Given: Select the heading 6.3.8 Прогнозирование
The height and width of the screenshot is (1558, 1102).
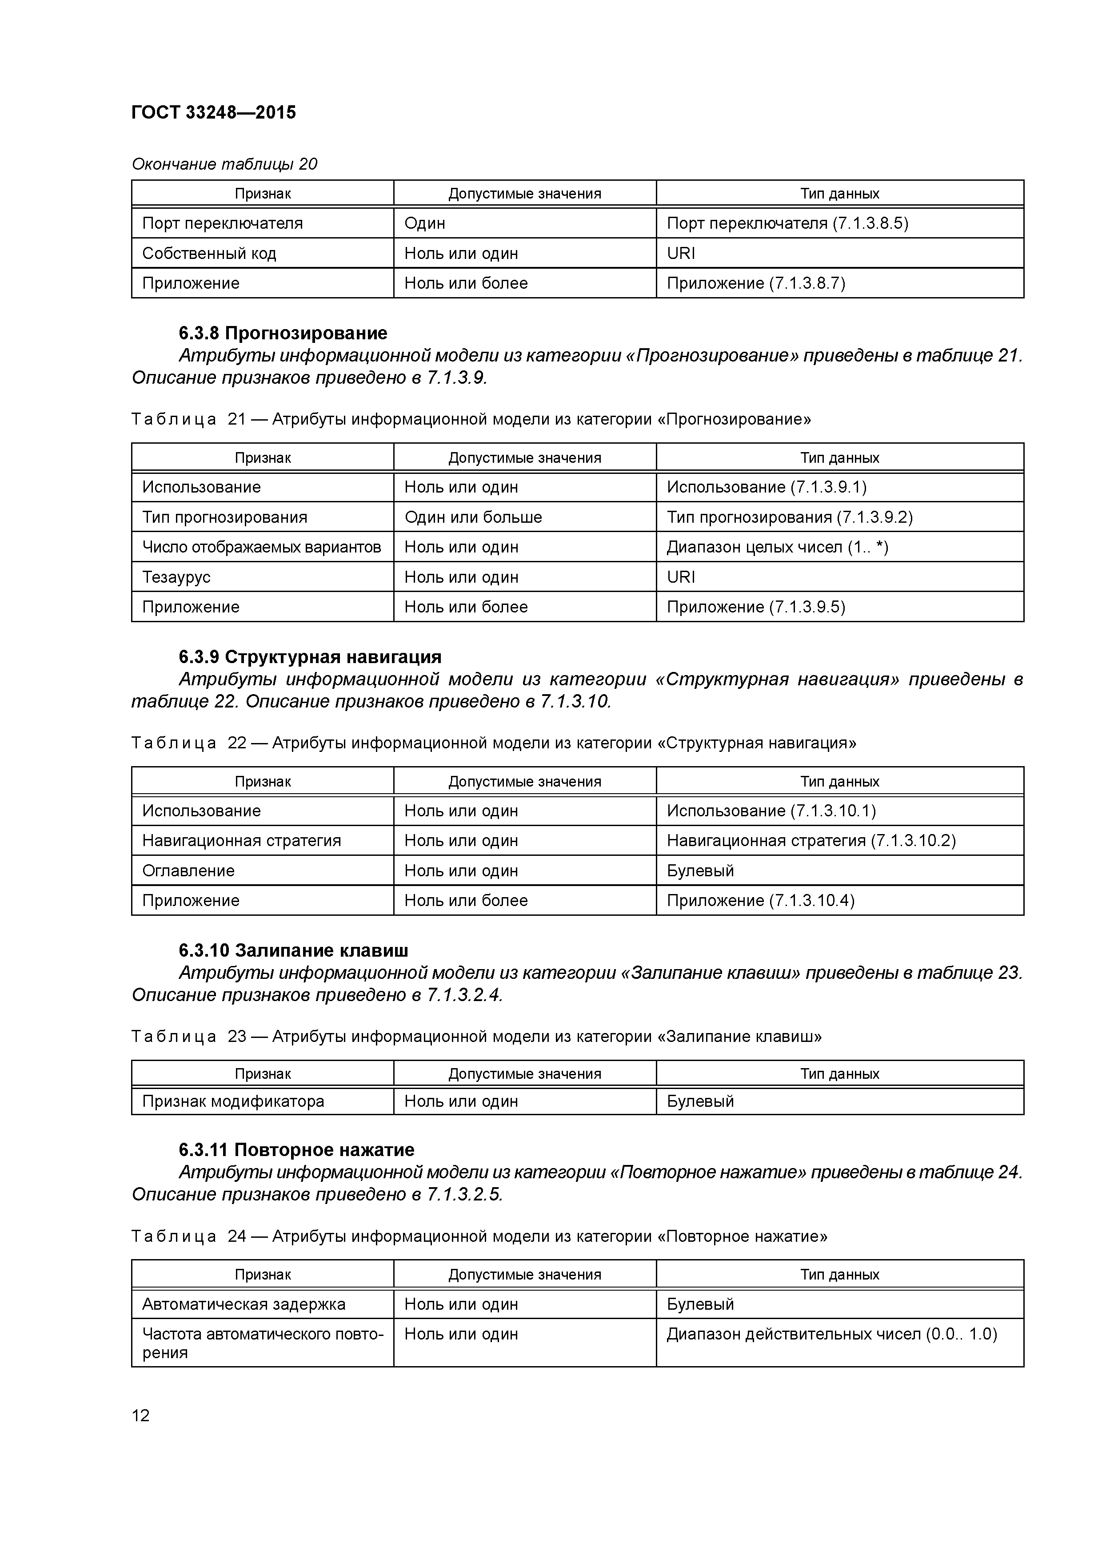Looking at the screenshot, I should pos(283,333).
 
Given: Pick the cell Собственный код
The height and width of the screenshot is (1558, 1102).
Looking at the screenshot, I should pos(209,254).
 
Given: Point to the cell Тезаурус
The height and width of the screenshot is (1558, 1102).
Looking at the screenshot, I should pos(176,577).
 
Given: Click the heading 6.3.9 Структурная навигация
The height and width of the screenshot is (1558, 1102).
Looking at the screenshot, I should pos(310,657).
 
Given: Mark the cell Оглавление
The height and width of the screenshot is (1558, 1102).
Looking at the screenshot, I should pos(188,870).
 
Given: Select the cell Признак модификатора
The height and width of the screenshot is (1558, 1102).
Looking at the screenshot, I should pos(233,1101).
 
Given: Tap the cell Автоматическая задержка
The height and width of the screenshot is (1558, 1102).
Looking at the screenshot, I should pos(244,1304).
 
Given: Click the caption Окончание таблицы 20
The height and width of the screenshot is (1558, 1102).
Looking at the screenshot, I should pos(224,164).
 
